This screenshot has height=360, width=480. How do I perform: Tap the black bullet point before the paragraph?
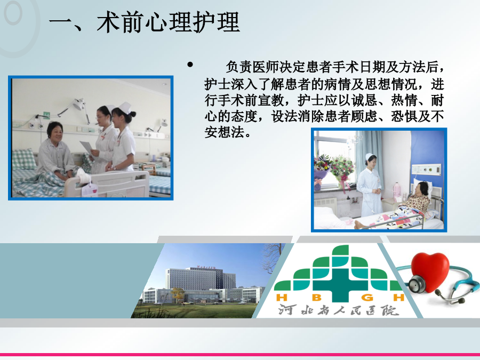pos(190,65)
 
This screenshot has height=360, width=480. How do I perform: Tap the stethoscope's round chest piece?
pos(417,284)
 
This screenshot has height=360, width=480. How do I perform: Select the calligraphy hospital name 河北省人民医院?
pos(339,310)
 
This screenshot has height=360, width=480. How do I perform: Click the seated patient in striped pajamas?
pos(57,153)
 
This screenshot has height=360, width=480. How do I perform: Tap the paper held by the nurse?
pos(86,147)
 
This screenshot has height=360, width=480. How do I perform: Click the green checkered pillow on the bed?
pos(24,159)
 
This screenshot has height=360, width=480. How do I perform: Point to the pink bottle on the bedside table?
pos(397,190)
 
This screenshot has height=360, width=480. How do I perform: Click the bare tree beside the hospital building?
pos(272,258)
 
